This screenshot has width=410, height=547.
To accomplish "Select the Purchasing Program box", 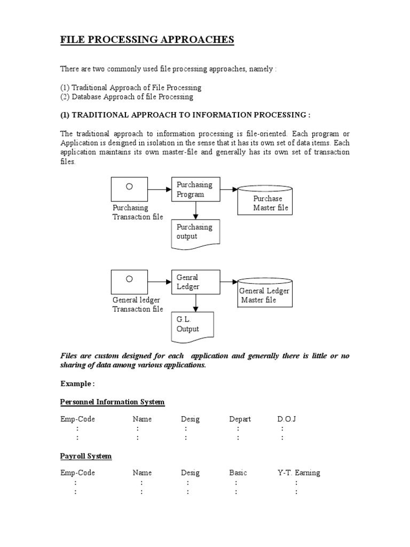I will tap(195, 190).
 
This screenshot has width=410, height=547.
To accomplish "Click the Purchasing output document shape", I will tap(195, 233).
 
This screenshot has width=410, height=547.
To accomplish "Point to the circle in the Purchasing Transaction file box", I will tap(129, 186).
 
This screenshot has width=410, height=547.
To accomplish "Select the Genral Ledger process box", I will tap(195, 282).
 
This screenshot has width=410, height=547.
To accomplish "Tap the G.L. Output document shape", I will tap(195, 325).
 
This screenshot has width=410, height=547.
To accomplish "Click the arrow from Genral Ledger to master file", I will tap(228, 282).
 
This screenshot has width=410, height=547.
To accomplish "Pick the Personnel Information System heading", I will tap(112, 402).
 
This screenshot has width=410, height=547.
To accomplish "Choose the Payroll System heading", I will tap(86, 456).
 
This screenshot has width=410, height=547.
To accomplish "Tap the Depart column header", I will tap(240, 419).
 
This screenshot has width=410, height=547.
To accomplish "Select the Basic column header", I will tap(238, 473).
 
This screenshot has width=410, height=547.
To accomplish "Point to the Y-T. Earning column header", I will tap(299, 473).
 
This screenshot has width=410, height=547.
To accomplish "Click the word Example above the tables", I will tap(77, 384).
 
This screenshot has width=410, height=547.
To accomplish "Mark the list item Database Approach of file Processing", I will tap(127, 97).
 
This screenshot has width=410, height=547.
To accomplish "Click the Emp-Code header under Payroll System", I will tap(77, 473).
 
